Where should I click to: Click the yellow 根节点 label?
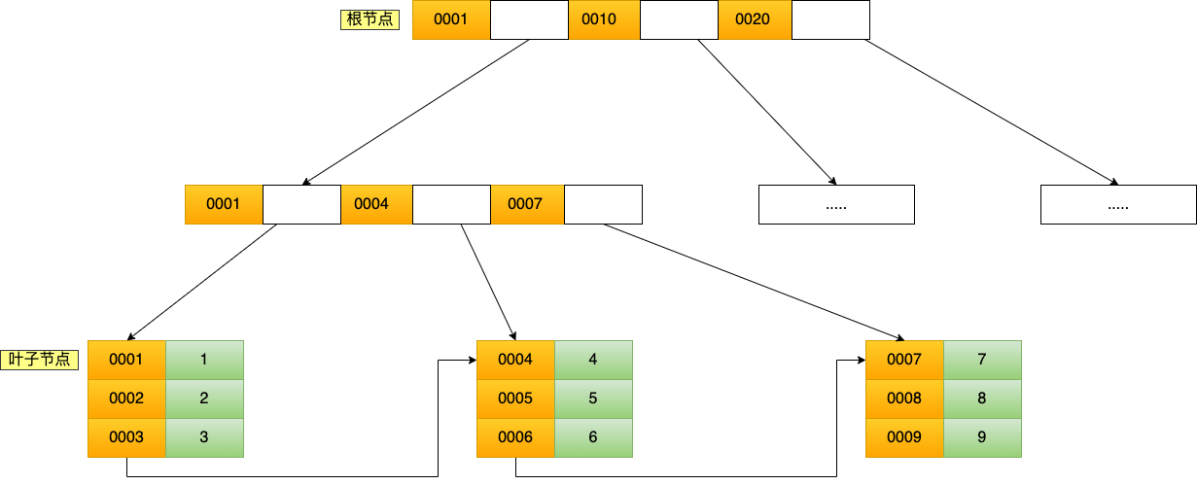pos(369,18)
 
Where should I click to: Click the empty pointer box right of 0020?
pos(830,19)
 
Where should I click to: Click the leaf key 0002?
pos(126,398)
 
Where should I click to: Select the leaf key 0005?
pos(515,398)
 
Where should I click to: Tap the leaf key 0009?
pos(904,437)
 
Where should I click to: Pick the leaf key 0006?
pos(515,437)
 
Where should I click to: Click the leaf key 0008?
pos(904,398)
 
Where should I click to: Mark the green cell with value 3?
pos(204,437)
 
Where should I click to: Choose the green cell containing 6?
pos(593,437)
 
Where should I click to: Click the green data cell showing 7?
pos(982,360)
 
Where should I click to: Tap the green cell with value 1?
pos(204,360)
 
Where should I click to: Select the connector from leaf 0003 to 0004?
pos(282,476)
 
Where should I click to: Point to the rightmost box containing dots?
pos(1118,205)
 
